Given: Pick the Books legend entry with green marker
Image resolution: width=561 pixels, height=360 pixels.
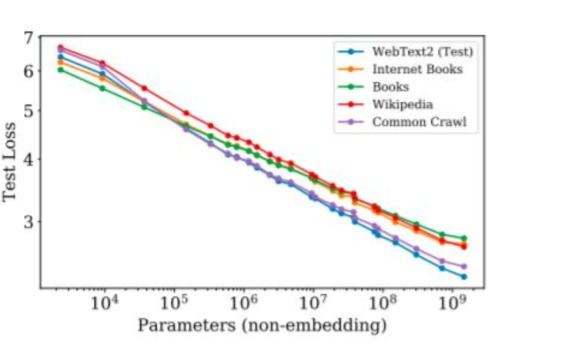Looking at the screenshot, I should pos(391,86).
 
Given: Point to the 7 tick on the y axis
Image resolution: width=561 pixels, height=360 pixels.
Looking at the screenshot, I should pos(27,38).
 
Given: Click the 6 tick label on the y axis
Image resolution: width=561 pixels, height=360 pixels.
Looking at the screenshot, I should pos(27,71).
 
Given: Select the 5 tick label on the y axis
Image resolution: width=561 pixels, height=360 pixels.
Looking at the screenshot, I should pos(27,110).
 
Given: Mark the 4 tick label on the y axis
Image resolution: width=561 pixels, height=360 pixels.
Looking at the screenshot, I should pos(27,159).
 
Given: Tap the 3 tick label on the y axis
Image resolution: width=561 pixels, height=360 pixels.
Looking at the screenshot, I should pos(27,222).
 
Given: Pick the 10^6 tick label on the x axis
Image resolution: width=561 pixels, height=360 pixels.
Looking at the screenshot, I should pos(243,305).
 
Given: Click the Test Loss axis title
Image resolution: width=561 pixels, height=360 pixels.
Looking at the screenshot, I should pos(11,161).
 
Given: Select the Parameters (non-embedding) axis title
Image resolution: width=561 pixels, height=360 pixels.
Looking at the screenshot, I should pos(262,325).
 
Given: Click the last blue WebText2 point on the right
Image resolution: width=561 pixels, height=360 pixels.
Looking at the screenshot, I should pos(464,277).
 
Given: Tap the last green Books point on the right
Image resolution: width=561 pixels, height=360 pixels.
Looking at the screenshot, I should pos(464,238).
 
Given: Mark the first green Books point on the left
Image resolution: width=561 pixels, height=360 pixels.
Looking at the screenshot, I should pos(60,69).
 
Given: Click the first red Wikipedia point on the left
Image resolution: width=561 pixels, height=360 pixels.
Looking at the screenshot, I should pos(60,47).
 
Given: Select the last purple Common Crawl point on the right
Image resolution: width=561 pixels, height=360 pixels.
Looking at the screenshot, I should pos(464,266).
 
